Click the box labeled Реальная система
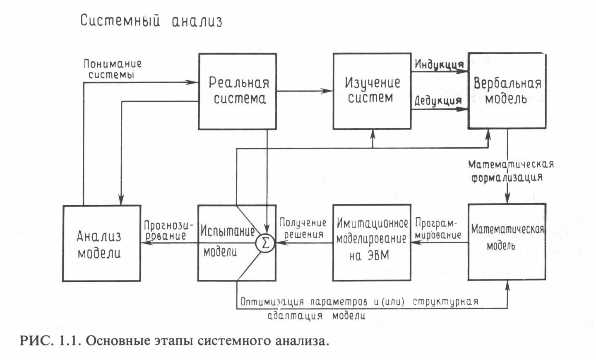(x=237, y=91)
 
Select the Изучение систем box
(x=372, y=91)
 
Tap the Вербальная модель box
(x=507, y=91)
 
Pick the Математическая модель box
(x=507, y=242)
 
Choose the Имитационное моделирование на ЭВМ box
(x=372, y=242)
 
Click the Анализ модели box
(x=101, y=243)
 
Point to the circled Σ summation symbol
(x=265, y=243)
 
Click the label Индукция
(x=439, y=65)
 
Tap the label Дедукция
(x=438, y=101)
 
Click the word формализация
(x=507, y=178)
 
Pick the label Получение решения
(x=303, y=228)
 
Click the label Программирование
(x=437, y=229)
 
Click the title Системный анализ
(x=151, y=21)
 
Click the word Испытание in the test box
(x=227, y=231)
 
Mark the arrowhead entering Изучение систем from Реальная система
(x=329, y=91)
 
